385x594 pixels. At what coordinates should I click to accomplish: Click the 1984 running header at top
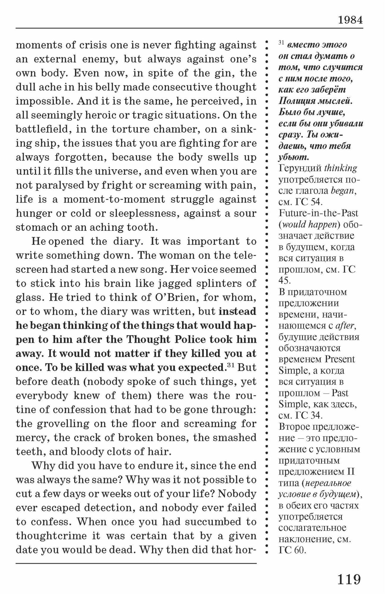point(350,20)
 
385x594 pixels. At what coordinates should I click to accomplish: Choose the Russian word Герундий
point(300,168)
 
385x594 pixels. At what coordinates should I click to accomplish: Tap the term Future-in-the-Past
point(318,213)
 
